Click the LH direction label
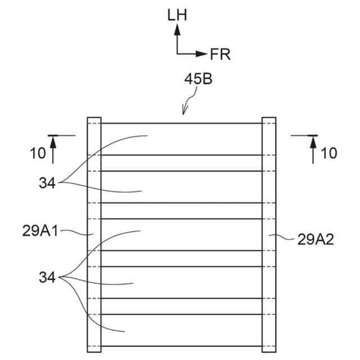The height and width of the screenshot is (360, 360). click(176, 15)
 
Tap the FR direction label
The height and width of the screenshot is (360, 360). click(220, 54)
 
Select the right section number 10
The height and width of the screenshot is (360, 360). click(329, 152)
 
